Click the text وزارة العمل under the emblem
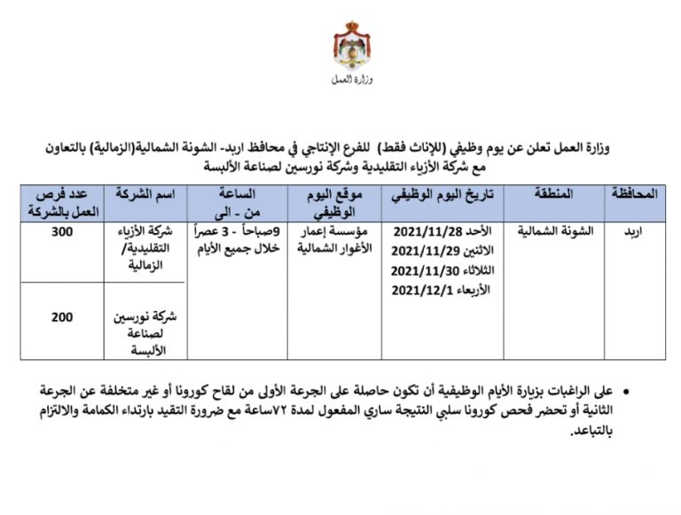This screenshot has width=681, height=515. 352,81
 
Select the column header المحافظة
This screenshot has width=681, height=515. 635,193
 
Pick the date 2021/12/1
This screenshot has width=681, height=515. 422,290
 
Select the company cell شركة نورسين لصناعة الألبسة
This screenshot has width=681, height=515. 145,332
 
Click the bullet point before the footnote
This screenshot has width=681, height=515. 629,390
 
